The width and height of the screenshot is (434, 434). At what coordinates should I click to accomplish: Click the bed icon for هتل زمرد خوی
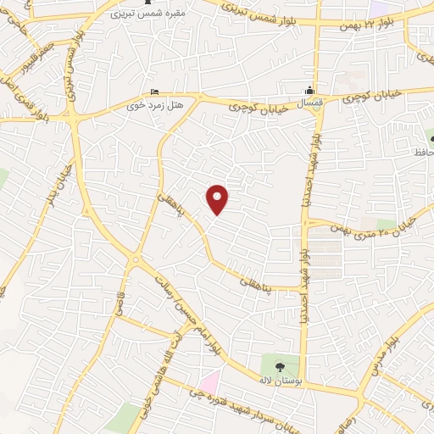tap(154, 92)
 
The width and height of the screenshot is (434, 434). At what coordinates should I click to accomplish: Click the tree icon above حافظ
tap(431, 137)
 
